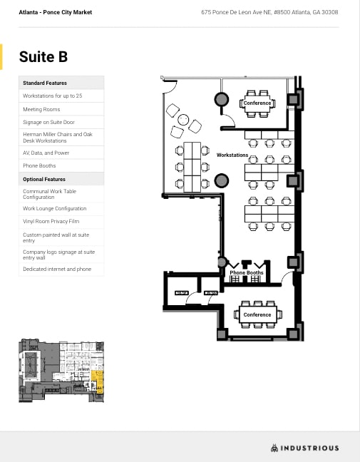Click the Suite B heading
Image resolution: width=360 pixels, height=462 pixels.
pyautogui.click(x=43, y=57)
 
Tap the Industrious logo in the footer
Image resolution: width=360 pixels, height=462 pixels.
pyautogui.click(x=304, y=448)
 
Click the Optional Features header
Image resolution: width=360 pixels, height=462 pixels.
pyautogui.click(x=44, y=179)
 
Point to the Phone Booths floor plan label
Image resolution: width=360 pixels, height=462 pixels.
pyautogui.click(x=247, y=273)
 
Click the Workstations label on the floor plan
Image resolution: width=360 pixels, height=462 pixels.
pyautogui.click(x=232, y=155)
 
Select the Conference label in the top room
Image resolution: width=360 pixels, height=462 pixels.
pyautogui.click(x=257, y=103)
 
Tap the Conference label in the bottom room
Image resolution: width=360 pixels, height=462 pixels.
pyautogui.click(x=257, y=314)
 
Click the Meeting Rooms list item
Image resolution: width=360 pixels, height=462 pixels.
pyautogui.click(x=41, y=109)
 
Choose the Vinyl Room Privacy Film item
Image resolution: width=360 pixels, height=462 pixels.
pyautogui.click(x=50, y=222)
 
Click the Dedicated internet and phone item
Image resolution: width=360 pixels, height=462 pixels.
pyautogui.click(x=57, y=269)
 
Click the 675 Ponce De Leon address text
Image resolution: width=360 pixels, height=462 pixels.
pyautogui.click(x=269, y=12)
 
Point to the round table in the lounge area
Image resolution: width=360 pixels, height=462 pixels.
pyautogui.click(x=183, y=119)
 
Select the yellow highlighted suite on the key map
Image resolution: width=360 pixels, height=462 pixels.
pyautogui.click(x=98, y=381)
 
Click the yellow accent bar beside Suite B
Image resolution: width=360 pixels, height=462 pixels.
pyautogui.click(x=2, y=57)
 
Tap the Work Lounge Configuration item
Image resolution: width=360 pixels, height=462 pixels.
pyautogui.click(x=54, y=209)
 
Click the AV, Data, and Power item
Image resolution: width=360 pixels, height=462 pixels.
pyautogui.click(x=46, y=153)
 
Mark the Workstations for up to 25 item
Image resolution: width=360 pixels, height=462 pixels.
pyautogui.click(x=52, y=96)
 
